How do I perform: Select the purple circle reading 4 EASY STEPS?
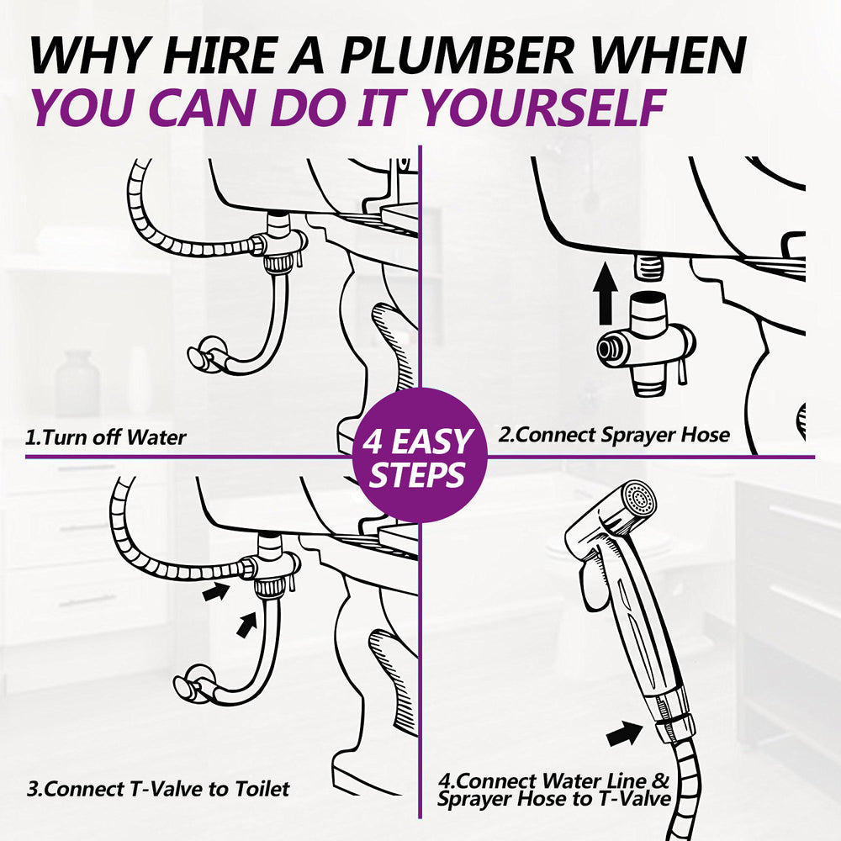420,456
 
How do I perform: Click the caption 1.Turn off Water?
106,437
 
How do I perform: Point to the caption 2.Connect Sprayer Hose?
614,435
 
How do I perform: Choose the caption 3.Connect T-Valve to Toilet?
158,789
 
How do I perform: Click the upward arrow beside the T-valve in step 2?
605,294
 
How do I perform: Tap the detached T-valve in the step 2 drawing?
646,344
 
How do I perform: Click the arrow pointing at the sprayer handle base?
624,733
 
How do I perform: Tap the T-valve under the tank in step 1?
281,243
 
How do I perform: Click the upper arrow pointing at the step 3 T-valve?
216,591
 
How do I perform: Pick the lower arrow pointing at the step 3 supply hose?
246,625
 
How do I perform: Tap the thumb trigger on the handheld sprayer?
591,585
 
